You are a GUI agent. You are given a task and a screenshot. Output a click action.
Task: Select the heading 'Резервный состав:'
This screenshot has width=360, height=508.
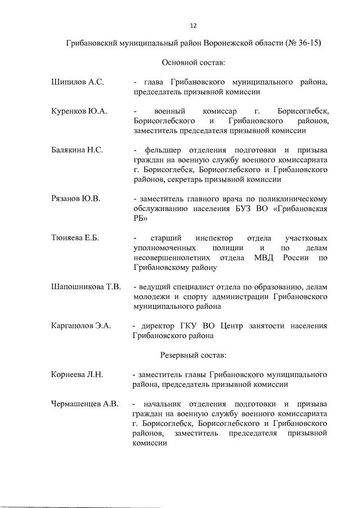pos(193,356)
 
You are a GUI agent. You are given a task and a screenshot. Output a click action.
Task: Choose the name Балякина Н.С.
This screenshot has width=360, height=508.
pos(78,150)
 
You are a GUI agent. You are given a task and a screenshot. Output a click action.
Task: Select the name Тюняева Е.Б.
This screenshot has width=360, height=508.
pos(75,238)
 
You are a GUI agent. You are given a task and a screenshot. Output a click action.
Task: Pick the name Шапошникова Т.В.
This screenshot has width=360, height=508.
pos(86,286)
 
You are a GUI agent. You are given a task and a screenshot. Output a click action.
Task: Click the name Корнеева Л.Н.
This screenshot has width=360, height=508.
pos(77,374)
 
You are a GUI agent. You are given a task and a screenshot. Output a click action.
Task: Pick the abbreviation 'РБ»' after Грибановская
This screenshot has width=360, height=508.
pos(140,219)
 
